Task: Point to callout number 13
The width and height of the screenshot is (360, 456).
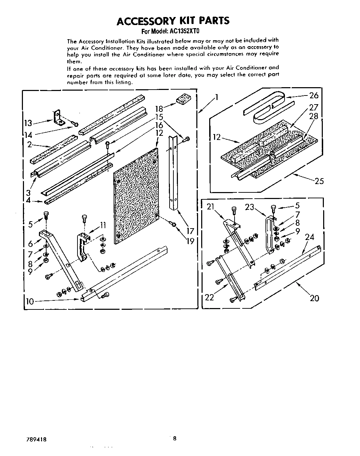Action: (x=28, y=123)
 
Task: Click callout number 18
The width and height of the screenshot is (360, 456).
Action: (x=159, y=109)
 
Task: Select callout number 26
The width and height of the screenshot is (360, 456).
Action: (x=314, y=96)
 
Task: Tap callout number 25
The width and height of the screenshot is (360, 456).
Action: (x=319, y=181)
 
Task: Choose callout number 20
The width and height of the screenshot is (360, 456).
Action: (x=314, y=298)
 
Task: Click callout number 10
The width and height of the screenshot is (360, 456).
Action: (x=30, y=301)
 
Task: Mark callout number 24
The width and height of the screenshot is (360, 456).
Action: (x=309, y=237)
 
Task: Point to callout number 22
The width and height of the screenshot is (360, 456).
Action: (x=210, y=297)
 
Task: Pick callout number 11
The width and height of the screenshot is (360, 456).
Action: (x=103, y=225)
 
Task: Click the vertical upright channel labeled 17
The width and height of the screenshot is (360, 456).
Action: (x=173, y=174)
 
